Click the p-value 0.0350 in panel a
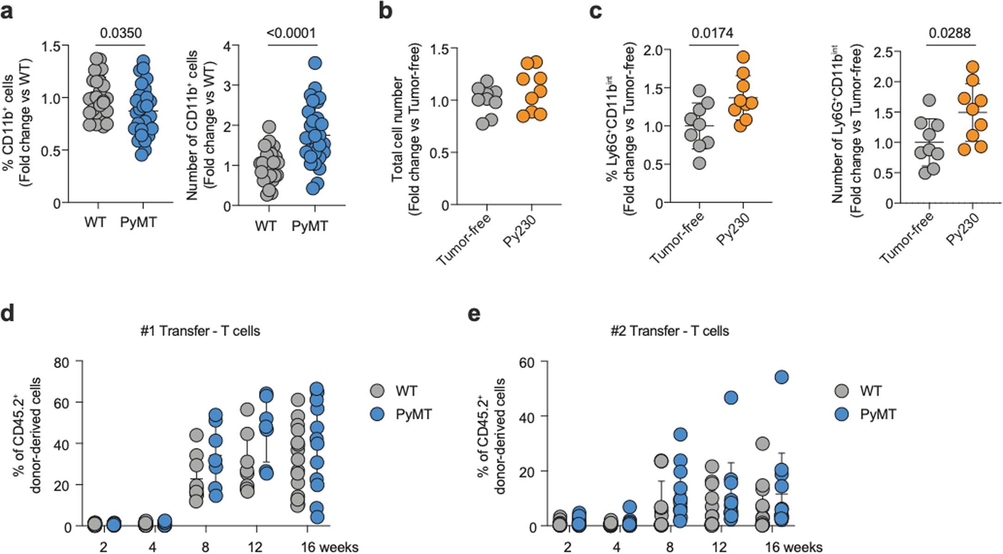click(x=121, y=33)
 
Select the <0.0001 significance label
click(x=291, y=33)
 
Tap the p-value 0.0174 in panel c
click(x=712, y=33)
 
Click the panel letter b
click(x=385, y=11)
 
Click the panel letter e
click(x=474, y=314)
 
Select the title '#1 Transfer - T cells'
click(x=200, y=331)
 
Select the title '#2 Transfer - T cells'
click(x=669, y=331)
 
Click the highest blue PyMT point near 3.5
click(x=315, y=63)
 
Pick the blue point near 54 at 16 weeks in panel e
click(x=781, y=377)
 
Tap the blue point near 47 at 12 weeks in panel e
click(x=731, y=398)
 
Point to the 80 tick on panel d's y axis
click(x=62, y=362)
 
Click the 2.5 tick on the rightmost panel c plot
click(x=883, y=52)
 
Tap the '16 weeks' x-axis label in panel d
click(x=329, y=548)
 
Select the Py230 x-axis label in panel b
click(x=519, y=231)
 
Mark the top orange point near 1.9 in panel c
click(x=743, y=57)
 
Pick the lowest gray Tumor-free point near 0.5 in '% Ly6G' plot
click(x=700, y=163)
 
